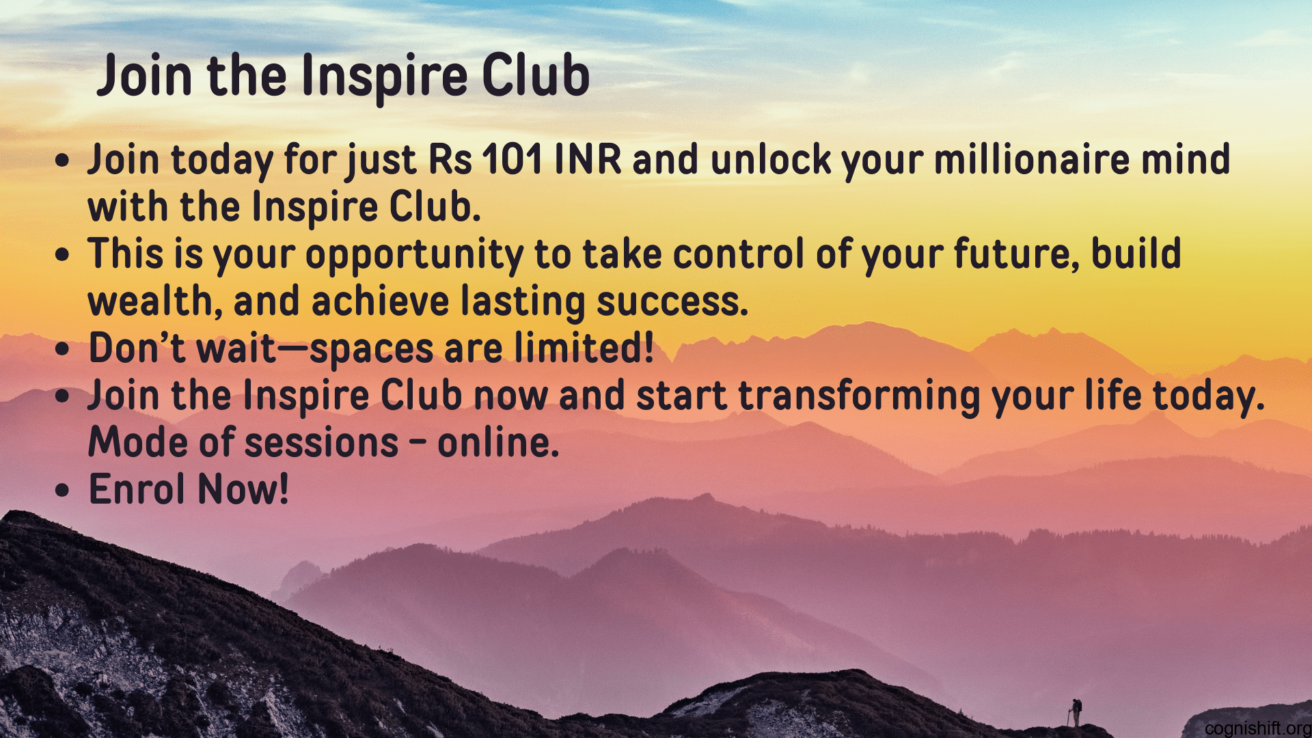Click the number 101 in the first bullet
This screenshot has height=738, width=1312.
512,160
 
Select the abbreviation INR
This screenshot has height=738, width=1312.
588,160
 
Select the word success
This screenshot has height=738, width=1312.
672,302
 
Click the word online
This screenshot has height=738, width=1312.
498,443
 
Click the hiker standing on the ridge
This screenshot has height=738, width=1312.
1076,712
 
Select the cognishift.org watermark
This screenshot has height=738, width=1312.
1257,728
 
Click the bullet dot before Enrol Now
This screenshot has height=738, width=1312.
63,491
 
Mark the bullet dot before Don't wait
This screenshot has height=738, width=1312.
63,349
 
